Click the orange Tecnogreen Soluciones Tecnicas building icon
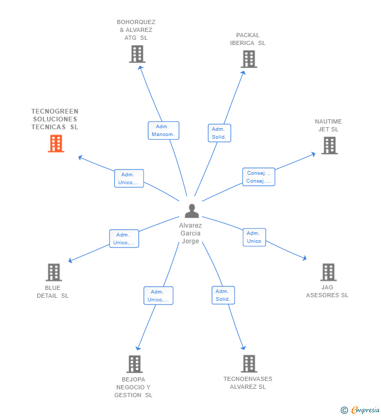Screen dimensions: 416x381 [56, 143]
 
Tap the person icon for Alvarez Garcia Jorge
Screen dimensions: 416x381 [192, 211]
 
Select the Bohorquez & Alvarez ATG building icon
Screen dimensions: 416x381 [137, 54]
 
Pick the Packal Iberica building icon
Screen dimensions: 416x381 [249, 59]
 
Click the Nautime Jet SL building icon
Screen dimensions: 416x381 [329, 145]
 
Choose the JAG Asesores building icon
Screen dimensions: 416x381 [328, 272]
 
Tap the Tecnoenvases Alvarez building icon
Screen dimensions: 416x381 [249, 364]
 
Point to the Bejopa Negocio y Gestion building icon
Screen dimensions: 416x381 [135, 364]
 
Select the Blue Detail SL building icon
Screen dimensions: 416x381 [53, 272]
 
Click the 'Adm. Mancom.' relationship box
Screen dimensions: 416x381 [163, 131]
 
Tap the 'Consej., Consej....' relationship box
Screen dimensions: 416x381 [259, 177]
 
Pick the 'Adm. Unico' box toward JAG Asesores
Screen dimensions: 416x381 [254, 237]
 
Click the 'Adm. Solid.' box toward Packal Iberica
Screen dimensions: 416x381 [219, 133]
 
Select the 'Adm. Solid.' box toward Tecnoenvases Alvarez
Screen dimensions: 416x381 [223, 295]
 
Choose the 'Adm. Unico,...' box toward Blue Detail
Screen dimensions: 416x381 [124, 239]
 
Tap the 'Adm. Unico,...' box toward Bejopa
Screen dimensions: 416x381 [158, 296]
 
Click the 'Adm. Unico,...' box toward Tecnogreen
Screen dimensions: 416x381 [129, 178]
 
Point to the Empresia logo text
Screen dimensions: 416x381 [365, 410]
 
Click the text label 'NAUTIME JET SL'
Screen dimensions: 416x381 [328, 126]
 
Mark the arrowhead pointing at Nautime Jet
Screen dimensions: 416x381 [313, 154]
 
